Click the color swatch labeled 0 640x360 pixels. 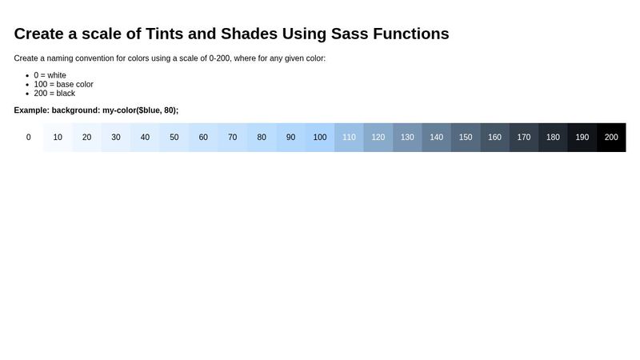(29, 138)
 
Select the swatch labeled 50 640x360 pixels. (174, 138)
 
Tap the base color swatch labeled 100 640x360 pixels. (320, 138)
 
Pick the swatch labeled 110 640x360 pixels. (349, 138)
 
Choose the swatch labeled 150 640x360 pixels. (466, 138)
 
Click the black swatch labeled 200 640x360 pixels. (611, 138)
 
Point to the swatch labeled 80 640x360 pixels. (262, 138)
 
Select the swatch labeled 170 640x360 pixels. (524, 138)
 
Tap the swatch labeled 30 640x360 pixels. (116, 138)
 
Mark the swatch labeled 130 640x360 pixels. (407, 138)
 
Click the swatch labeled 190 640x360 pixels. (582, 138)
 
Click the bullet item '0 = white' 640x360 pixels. (50, 75)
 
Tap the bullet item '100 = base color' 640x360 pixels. (64, 84)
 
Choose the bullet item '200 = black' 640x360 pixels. (54, 94)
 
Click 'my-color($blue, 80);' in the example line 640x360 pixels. (140, 110)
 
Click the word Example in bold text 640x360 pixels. (31, 110)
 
